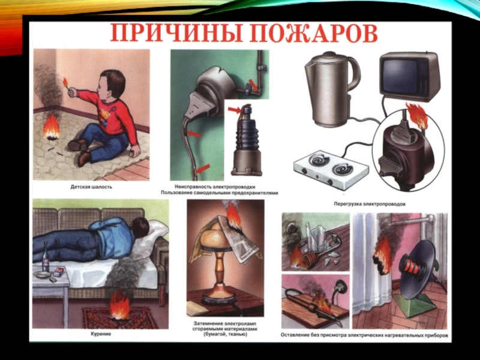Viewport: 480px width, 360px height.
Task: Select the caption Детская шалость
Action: pos(91,187)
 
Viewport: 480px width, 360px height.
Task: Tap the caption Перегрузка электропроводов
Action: pos(370,204)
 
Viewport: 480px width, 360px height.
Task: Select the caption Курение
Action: pos(101,334)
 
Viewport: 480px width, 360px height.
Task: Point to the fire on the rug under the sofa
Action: pos(119,304)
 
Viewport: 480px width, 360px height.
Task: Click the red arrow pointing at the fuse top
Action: pos(235,110)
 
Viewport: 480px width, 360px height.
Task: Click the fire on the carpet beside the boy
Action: pos(51,127)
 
